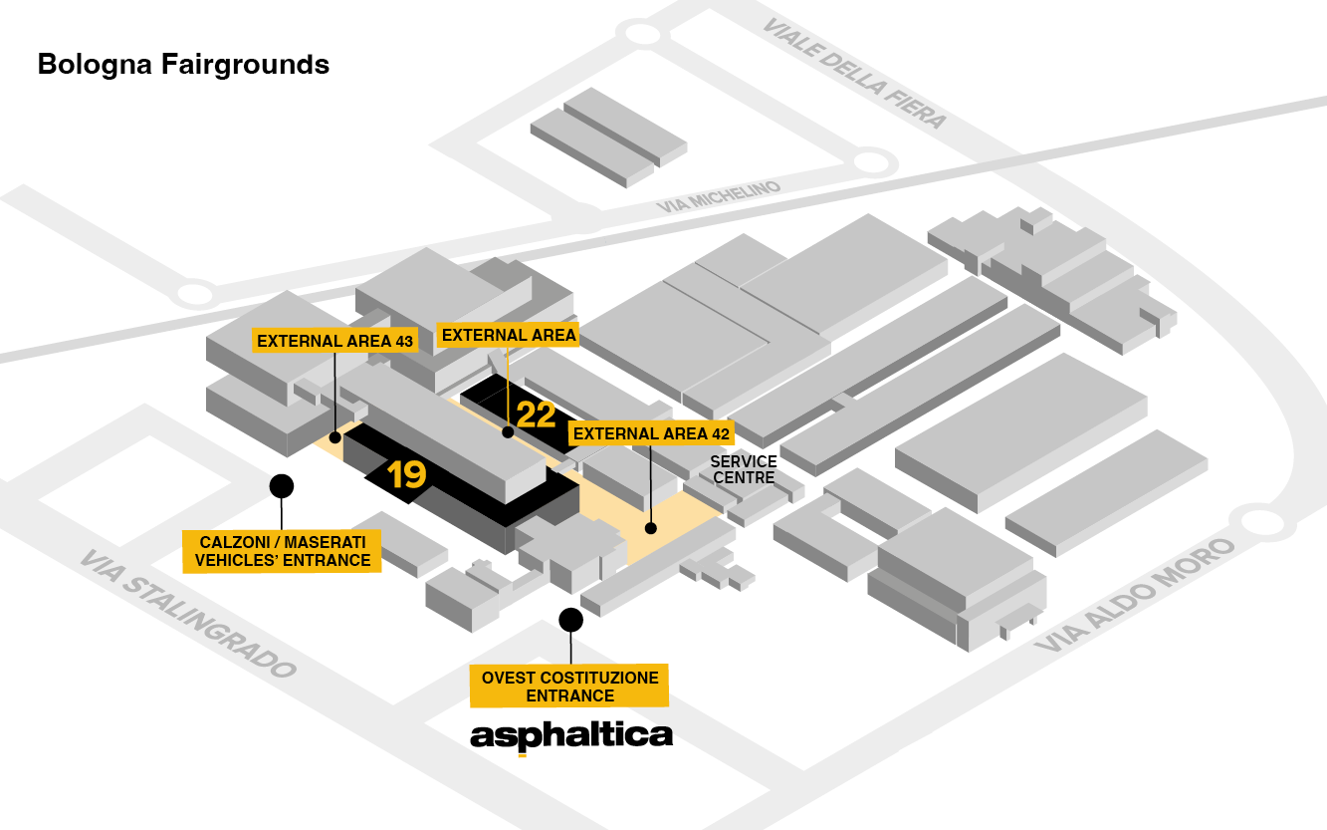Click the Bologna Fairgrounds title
click(183, 65)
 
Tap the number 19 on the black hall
click(407, 475)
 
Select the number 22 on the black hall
click(536, 415)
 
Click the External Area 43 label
click(334, 341)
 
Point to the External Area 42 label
click(652, 433)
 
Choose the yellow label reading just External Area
click(509, 335)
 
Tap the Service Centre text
click(743, 470)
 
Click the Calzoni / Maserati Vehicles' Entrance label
click(283, 551)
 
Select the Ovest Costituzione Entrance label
click(569, 687)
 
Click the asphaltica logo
click(571, 736)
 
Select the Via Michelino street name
click(719, 194)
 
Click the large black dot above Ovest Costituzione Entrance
click(570, 620)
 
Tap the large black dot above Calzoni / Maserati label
click(282, 485)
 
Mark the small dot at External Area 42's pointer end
click(650, 528)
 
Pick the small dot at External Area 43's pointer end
click(336, 436)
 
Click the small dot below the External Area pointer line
click(508, 432)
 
